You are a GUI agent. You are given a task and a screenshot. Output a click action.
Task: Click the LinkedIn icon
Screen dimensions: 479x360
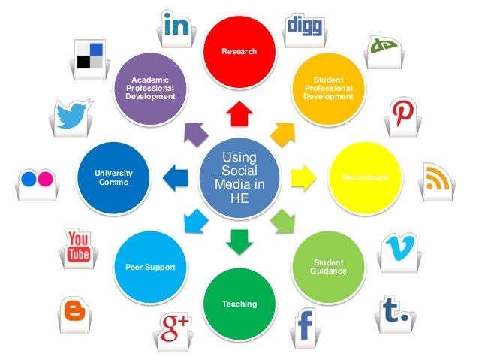pyautogui.click(x=176, y=27)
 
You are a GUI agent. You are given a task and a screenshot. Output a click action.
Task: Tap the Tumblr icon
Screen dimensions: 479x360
pyautogui.click(x=396, y=310)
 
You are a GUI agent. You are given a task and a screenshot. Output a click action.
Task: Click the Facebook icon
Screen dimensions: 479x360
pyautogui.click(x=305, y=328)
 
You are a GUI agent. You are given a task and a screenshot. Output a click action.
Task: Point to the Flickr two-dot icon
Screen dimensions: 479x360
pyautogui.click(x=38, y=179)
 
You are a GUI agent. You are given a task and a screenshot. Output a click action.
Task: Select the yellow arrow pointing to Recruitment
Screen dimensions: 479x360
pyautogui.click(x=300, y=178)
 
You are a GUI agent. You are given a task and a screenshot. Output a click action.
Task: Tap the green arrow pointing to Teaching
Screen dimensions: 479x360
pyautogui.click(x=239, y=241)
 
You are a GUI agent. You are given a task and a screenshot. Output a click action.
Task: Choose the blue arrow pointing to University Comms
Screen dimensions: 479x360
pyautogui.click(x=177, y=178)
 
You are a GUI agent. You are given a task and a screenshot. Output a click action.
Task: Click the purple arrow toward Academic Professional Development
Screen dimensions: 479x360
pyautogui.click(x=196, y=133)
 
